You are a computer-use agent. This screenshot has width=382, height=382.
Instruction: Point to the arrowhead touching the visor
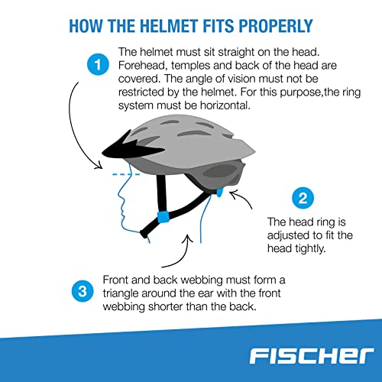[x=102, y=164]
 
